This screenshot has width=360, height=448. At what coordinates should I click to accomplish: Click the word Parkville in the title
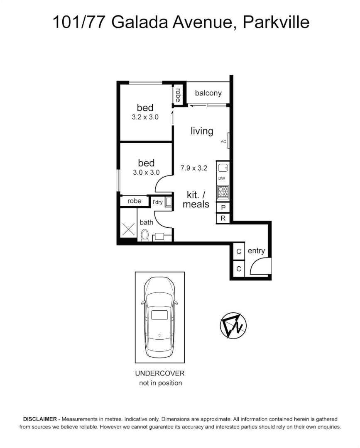276,22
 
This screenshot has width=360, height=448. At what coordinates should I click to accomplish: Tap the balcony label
208,93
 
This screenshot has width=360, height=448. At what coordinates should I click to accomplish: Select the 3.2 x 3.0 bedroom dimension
145,117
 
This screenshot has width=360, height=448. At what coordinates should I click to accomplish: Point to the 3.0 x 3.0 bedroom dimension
146,172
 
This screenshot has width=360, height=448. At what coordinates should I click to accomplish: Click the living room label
202,131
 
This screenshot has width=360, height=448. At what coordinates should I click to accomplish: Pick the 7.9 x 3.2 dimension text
193,168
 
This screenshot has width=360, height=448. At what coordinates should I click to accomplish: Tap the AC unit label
223,142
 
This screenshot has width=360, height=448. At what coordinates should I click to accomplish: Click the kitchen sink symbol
223,168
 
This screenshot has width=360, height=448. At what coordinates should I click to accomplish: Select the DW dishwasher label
222,178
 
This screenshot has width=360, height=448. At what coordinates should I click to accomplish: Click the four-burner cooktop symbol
223,192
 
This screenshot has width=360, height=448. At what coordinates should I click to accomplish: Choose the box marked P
223,208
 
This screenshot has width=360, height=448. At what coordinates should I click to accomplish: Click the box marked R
223,218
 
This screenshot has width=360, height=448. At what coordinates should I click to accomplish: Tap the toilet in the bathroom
144,235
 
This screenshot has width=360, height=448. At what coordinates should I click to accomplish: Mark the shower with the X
129,229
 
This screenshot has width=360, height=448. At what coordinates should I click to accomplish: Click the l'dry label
158,202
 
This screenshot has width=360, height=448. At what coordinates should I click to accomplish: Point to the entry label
256,251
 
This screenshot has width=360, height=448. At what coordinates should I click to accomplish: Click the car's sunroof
159,314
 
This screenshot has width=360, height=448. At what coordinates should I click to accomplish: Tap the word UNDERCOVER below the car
160,373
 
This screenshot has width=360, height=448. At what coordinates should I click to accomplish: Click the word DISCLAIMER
40,419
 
